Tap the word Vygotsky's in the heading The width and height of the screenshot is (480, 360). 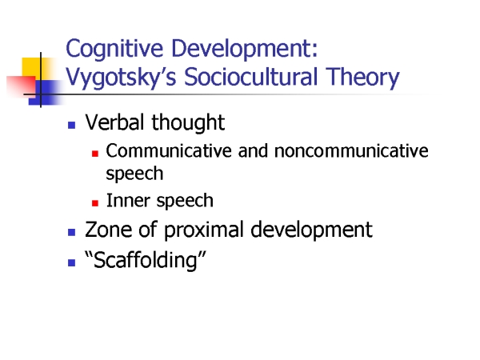pos(121,78)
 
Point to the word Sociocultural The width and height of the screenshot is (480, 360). pos(251,77)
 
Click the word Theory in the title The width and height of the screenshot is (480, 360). pos(362,78)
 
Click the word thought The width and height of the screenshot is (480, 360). pos(188,123)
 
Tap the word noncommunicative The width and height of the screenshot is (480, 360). pos(351,151)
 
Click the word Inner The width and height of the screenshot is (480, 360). pos(128,201)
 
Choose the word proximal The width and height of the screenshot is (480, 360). pos(203,230)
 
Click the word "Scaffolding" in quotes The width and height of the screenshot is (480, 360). pos(146,261)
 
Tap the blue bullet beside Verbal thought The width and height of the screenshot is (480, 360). pos(72,125)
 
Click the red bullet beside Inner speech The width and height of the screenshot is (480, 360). pos(95,203)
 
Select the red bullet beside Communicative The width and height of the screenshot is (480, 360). pos(95,154)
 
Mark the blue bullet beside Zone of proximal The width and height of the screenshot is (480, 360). pos(72,232)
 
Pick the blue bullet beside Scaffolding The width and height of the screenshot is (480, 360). pos(72,263)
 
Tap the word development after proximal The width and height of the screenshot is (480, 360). pos(311,230)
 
